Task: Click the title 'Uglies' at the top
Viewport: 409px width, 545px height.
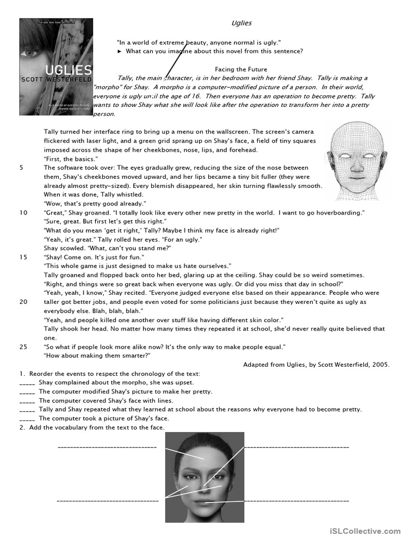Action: pyautogui.click(x=241, y=23)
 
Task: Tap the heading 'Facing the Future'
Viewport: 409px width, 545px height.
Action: pyautogui.click(x=241, y=69)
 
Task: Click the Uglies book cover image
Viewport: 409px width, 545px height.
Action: pyautogui.click(x=55, y=67)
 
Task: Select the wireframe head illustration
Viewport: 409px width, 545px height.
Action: pyautogui.click(x=356, y=161)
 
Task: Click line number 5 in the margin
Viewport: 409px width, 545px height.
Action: pyautogui.click(x=21, y=168)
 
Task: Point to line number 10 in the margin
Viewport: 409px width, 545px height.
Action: pyautogui.click(x=23, y=212)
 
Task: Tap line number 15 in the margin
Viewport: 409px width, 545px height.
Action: pyautogui.click(x=23, y=257)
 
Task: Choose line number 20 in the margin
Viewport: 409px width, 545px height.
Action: pyautogui.click(x=23, y=302)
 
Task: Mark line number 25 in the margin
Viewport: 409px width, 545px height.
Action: pyautogui.click(x=23, y=346)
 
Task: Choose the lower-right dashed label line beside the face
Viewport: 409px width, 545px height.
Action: pyautogui.click(x=296, y=501)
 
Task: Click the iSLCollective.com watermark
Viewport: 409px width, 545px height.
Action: pyautogui.click(x=365, y=531)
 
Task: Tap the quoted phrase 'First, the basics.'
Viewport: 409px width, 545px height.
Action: pyautogui.click(x=71, y=159)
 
